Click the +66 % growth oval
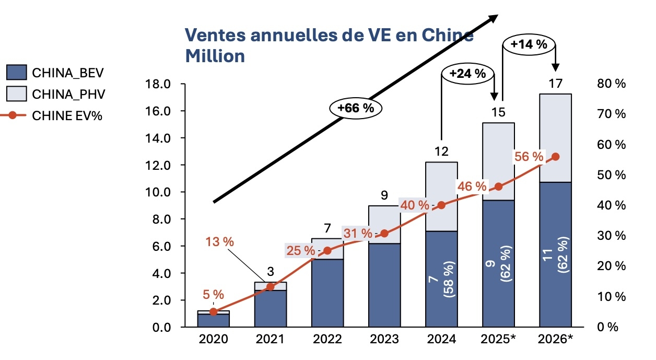click(x=356, y=108)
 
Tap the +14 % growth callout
click(x=529, y=45)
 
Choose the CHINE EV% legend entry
click(x=54, y=116)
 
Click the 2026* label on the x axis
click(x=555, y=339)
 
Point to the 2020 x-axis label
click(x=213, y=339)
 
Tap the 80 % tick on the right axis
click(x=611, y=84)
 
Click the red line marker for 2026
click(x=556, y=157)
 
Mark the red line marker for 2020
click(x=213, y=312)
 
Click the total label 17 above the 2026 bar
click(x=555, y=83)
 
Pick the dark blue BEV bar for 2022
click(x=327, y=293)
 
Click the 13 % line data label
click(x=219, y=242)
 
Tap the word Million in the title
click(x=215, y=55)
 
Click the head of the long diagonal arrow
click(x=493, y=18)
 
